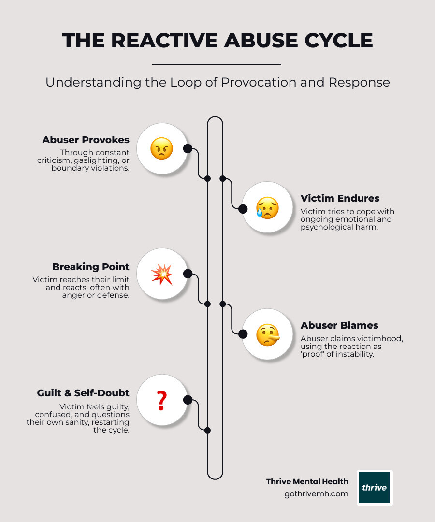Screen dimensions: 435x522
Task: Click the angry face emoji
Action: click(x=162, y=148)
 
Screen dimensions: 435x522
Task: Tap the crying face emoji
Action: click(x=267, y=208)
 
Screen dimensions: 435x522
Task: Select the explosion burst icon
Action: click(x=162, y=275)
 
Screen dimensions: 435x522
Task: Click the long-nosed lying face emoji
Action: click(x=268, y=335)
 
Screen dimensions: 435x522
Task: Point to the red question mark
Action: click(x=162, y=401)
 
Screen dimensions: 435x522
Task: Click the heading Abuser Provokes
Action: click(x=86, y=140)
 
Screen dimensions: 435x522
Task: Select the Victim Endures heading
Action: click(x=340, y=198)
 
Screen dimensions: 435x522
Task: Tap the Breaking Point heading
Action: click(x=91, y=267)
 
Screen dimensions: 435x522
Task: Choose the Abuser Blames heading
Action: click(x=339, y=325)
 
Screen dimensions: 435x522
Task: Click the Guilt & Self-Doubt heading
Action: click(x=83, y=393)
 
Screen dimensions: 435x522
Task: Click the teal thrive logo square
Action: click(x=375, y=488)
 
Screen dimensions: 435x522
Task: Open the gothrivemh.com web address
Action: click(x=316, y=494)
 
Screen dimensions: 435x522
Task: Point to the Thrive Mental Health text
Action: click(x=307, y=482)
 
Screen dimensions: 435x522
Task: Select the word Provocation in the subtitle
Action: click(x=259, y=82)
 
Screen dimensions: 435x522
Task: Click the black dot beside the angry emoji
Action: click(x=188, y=148)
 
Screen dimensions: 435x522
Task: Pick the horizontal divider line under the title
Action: click(x=217, y=64)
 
